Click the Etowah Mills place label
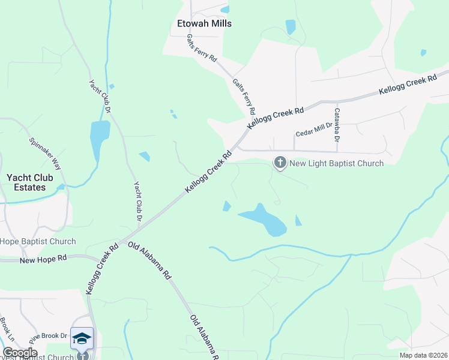[204, 23]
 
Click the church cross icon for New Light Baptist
[280, 163]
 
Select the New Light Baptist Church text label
[336, 163]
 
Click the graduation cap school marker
[82, 338]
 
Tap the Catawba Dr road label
[337, 125]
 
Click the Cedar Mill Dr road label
[314, 134]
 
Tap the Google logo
[20, 353]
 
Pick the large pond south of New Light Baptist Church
[264, 220]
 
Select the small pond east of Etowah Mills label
[291, 27]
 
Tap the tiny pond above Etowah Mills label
[225, 10]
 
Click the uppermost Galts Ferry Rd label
[202, 48]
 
